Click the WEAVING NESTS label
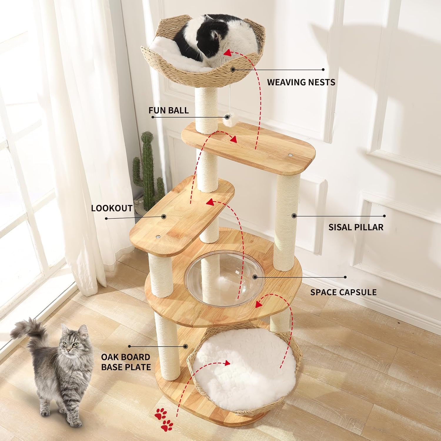click(x=301, y=82)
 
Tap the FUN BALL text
click(x=168, y=110)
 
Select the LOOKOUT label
click(x=111, y=208)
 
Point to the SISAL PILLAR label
click(x=356, y=227)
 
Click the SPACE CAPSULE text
click(x=343, y=292)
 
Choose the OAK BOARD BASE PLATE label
click(x=126, y=362)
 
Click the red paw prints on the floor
click(x=163, y=418)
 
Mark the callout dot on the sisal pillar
click(x=293, y=216)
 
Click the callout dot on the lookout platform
click(x=164, y=217)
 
